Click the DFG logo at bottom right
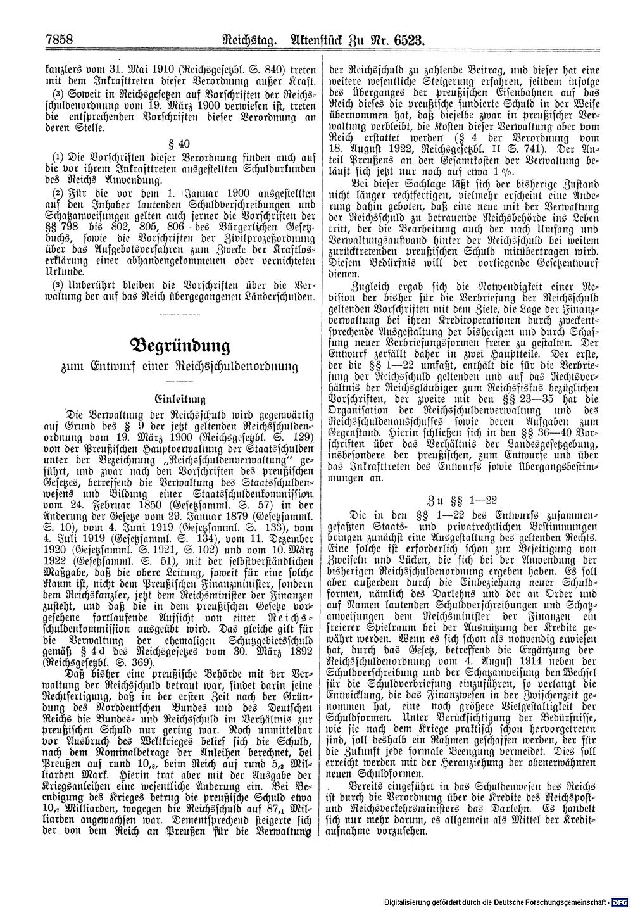coord(621,900)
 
